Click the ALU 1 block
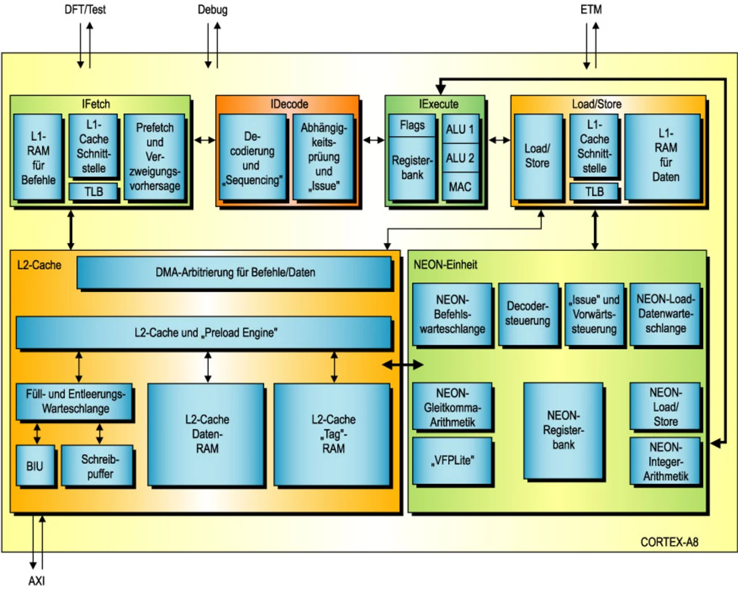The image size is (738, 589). [x=460, y=129]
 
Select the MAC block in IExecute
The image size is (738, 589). [x=460, y=187]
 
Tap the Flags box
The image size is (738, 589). [x=412, y=125]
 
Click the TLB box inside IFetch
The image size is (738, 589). [x=93, y=192]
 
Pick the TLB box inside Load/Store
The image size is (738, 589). [x=594, y=192]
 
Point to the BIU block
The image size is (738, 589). [x=35, y=466]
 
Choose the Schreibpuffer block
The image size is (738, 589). [x=100, y=467]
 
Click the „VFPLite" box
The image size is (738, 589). [x=452, y=460]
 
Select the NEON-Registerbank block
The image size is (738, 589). [x=563, y=430]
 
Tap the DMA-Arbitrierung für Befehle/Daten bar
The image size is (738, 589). [x=235, y=272]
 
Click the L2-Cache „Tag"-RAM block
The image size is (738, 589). [x=333, y=434]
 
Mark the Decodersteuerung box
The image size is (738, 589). [x=528, y=314]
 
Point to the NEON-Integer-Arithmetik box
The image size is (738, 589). [x=665, y=462]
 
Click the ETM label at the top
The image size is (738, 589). [x=591, y=10]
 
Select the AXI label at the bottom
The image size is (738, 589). [x=36, y=580]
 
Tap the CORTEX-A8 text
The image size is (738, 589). [x=669, y=542]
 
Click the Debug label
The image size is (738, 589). [x=212, y=10]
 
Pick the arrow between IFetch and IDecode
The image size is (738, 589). [x=204, y=140]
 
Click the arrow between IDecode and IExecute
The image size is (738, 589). [x=373, y=140]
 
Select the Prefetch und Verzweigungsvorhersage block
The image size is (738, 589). [x=154, y=156]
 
